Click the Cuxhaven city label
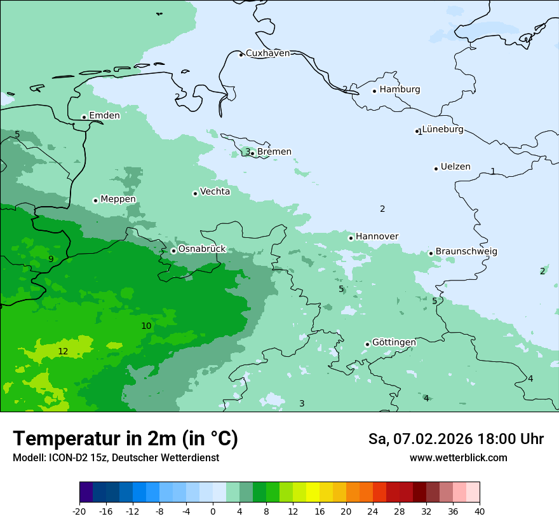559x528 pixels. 267,53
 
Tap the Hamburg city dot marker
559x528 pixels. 375,91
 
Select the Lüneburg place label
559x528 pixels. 443,130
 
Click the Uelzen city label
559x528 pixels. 455,167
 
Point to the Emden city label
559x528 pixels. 104,116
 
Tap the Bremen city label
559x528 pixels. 274,152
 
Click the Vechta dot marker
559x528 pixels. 195,193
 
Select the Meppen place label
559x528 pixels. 118,200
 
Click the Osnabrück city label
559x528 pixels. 202,249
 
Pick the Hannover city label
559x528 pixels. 377,237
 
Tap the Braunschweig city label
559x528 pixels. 466,252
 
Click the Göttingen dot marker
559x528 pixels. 367,344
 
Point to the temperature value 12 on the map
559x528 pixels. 63,352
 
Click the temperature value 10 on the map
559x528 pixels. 146,326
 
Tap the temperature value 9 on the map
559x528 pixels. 51,259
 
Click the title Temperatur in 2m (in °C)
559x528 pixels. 125,439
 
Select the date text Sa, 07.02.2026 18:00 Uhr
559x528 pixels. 455,439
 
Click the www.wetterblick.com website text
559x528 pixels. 458,458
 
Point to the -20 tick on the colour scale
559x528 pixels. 79,511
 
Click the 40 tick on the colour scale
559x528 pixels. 480,511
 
